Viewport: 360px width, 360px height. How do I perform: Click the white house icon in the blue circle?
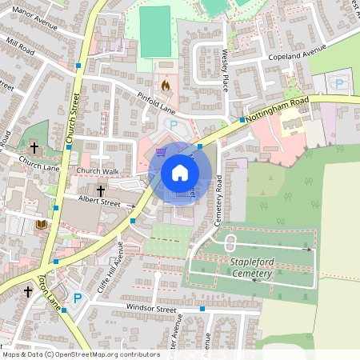coord(180,172)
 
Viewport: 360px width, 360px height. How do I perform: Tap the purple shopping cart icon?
coord(162,150)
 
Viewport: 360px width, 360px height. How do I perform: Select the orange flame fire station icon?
coord(166,82)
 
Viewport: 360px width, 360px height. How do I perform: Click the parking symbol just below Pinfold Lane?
coord(174,125)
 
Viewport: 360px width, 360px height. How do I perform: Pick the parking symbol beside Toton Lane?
coord(78,298)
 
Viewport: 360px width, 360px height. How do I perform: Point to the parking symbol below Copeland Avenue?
coord(338,82)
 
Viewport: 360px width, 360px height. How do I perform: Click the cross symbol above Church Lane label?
coord(34,148)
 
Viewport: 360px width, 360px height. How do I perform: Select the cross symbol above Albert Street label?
coord(101,190)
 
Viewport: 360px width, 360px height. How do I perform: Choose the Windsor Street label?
coord(150,308)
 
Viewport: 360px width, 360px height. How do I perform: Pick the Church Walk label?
coord(97,171)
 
